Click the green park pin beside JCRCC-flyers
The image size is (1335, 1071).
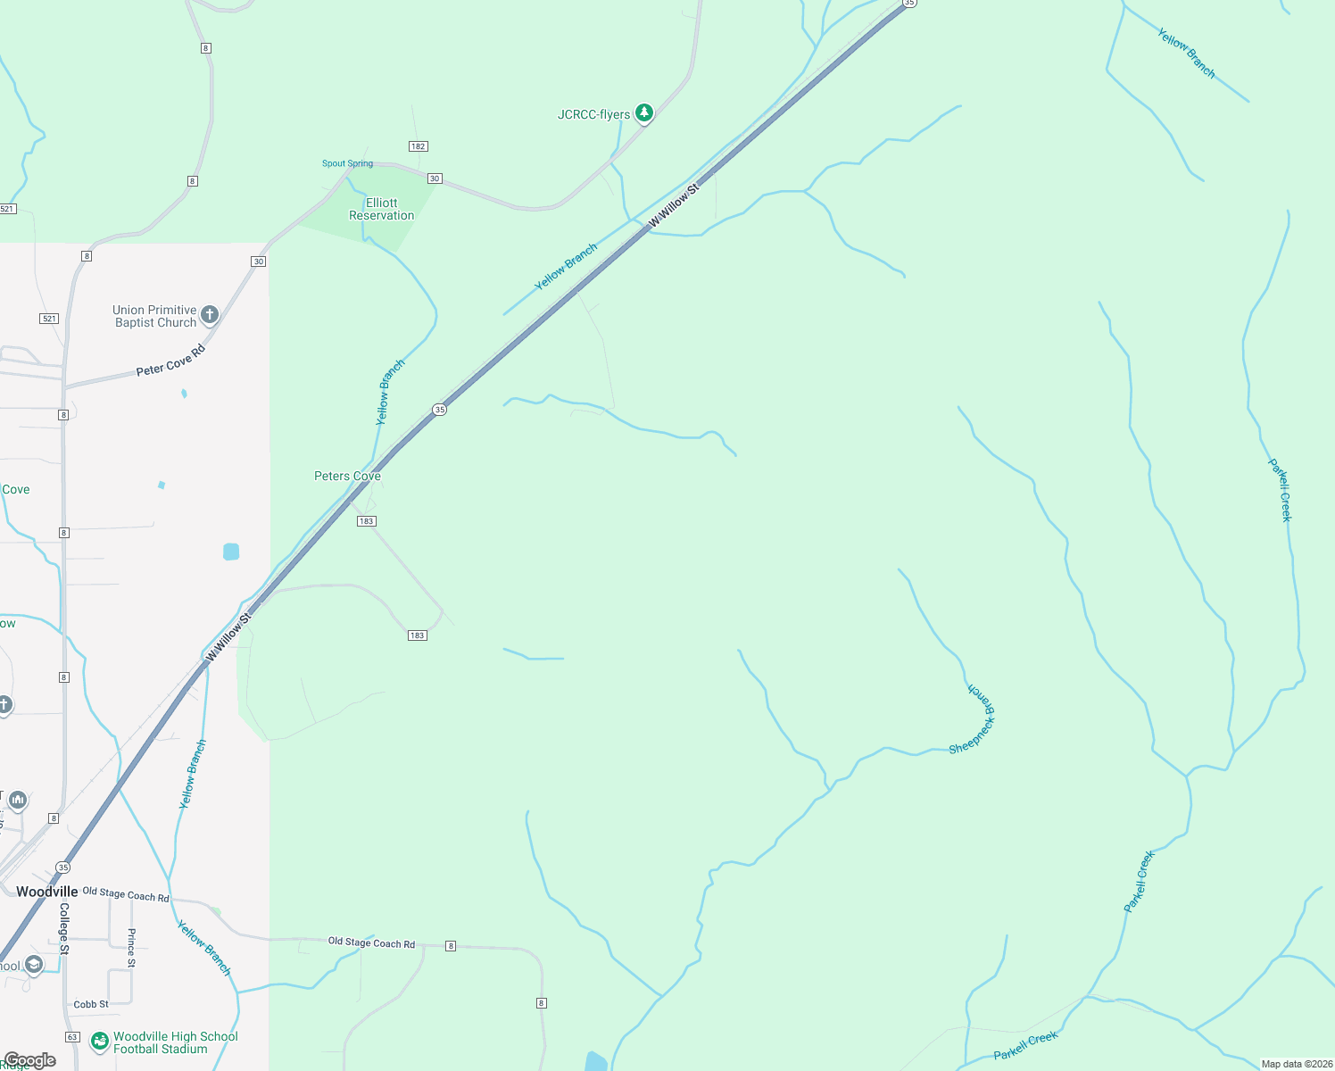(x=644, y=113)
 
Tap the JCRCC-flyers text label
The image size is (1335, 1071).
(x=593, y=115)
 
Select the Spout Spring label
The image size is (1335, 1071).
(x=347, y=163)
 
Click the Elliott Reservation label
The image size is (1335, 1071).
(x=382, y=209)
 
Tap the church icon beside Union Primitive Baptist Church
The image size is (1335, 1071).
(x=210, y=314)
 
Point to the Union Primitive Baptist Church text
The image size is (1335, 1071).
(x=155, y=316)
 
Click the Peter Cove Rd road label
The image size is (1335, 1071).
(x=170, y=361)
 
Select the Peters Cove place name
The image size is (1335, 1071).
(x=347, y=476)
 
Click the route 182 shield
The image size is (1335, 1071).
(x=418, y=146)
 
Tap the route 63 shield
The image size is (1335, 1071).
(x=72, y=1037)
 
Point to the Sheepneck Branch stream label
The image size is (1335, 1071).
(x=974, y=721)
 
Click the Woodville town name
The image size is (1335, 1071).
(x=46, y=892)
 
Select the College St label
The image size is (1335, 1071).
(x=64, y=928)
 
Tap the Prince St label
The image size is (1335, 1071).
(x=131, y=948)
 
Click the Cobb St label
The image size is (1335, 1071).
(x=91, y=1004)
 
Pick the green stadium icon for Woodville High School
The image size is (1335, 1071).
(x=100, y=1042)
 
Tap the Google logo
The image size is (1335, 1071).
(x=29, y=1060)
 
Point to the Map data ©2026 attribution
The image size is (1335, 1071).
(x=1296, y=1064)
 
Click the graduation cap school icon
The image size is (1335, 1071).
(x=33, y=965)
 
